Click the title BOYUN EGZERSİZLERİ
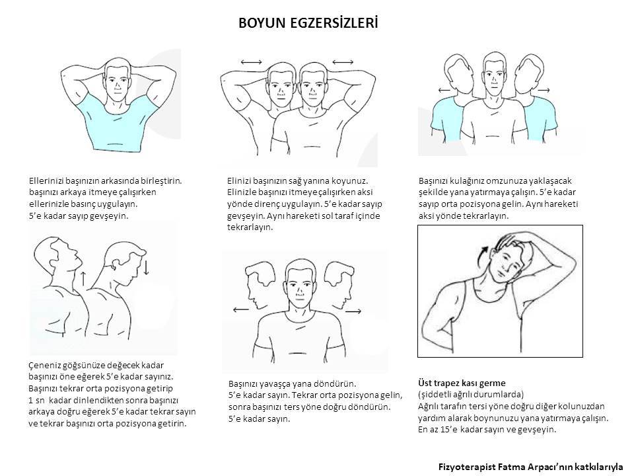point(308,23)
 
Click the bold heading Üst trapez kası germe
point(462,383)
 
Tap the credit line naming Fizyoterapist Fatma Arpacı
point(530,467)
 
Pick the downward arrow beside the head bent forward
point(146,266)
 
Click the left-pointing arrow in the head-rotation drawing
point(242,310)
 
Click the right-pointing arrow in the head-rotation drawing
point(353,311)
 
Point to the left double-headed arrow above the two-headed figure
point(251,62)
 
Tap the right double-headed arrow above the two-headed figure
point(343,62)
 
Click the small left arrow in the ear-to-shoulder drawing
point(444,90)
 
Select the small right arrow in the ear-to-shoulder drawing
point(544,90)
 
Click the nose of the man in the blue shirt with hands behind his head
point(118,87)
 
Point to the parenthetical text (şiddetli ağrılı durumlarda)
point(471,394)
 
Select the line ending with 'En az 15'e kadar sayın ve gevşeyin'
point(487,430)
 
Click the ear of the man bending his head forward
point(115,264)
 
